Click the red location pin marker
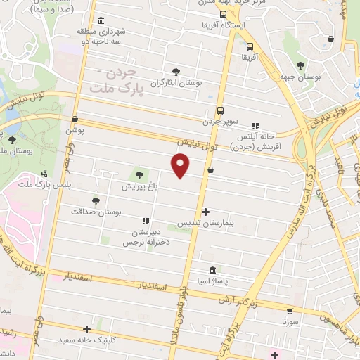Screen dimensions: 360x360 [181, 165]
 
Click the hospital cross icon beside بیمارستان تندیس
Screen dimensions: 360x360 [205, 211]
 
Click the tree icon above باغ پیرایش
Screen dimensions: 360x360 [139, 175]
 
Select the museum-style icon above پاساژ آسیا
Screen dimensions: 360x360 [212, 271]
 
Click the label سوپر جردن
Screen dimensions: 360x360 [217, 122]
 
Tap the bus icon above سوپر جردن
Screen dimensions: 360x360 [220, 110]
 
